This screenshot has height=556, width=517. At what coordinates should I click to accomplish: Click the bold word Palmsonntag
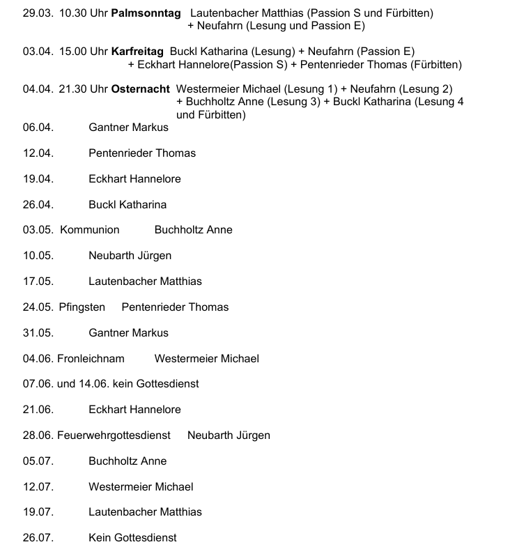tap(145, 13)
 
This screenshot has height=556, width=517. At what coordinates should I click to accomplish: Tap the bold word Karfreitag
tap(137, 52)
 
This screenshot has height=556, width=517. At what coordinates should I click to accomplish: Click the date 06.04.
tap(38, 128)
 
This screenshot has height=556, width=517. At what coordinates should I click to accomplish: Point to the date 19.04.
tap(38, 179)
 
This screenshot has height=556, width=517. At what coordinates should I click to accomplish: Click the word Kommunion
tap(90, 230)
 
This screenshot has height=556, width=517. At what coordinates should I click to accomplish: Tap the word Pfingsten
tap(82, 307)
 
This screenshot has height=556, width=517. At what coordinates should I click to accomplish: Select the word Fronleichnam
tap(91, 359)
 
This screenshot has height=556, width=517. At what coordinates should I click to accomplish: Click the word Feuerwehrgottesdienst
tap(114, 435)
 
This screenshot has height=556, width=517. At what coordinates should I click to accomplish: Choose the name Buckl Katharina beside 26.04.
tap(128, 205)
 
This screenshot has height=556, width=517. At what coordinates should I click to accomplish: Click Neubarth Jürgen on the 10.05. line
tap(130, 256)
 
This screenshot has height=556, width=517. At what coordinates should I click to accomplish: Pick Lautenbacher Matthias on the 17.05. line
tap(145, 281)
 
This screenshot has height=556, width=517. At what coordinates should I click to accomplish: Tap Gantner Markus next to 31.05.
tap(128, 333)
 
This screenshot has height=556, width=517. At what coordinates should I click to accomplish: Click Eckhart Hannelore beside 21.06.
tap(134, 410)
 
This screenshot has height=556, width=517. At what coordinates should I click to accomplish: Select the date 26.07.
tap(38, 538)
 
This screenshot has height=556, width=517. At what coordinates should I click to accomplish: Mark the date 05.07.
tap(38, 461)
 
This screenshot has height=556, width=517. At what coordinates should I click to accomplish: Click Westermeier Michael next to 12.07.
tap(141, 487)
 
